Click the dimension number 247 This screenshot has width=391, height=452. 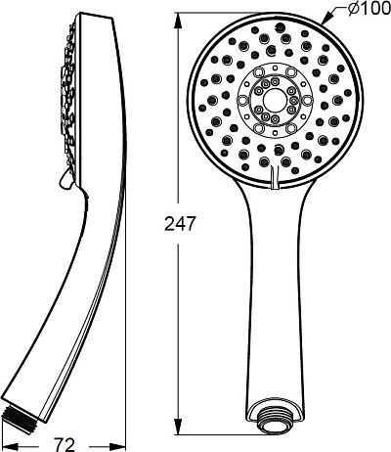tap(179, 224)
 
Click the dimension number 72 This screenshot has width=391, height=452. tap(65, 444)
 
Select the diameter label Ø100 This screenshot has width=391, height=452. tap(369, 9)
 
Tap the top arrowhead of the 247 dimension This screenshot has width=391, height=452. tap(178, 22)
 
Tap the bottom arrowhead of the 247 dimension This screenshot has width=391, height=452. tap(178, 426)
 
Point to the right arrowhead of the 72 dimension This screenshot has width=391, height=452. tap(117, 445)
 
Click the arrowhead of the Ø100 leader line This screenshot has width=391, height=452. tap(326, 19)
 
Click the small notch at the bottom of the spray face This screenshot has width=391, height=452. tap(275, 177)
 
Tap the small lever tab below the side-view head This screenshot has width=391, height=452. tap(66, 179)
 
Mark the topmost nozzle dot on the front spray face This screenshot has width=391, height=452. tap(279, 26)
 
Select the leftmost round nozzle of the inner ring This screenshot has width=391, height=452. tap(242, 101)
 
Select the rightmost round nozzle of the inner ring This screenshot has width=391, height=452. tap(307, 100)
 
